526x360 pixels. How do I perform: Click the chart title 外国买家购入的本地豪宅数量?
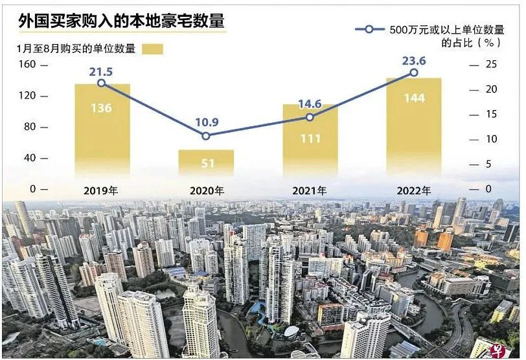coord(121,22)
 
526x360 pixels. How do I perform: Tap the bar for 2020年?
coord(206,163)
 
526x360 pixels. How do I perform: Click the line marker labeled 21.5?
coord(101,83)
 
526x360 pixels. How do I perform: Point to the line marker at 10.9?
coord(206,136)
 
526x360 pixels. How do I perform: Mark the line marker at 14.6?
coord(310,117)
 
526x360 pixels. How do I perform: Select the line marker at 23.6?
coord(414,73)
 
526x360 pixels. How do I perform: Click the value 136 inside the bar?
coord(101,108)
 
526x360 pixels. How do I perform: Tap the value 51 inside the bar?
coord(207,164)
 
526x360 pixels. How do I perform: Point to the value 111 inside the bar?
coord(311,138)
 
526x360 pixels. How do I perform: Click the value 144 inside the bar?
coord(414,98)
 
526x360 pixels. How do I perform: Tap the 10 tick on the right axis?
coord(492,139)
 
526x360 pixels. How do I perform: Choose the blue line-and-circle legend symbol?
coord(369,29)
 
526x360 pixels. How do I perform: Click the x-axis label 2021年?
coord(310,190)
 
